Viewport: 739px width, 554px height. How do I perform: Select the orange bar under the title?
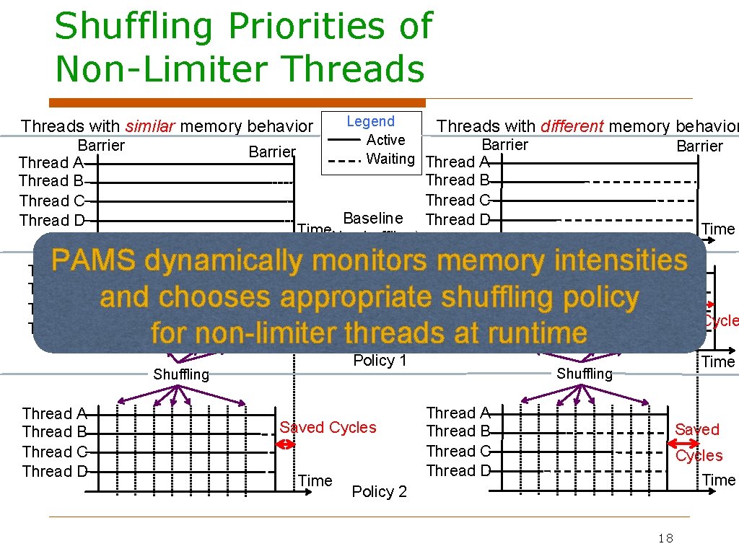(237, 102)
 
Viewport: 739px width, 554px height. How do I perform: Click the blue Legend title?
(370, 122)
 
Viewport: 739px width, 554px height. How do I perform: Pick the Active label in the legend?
(385, 140)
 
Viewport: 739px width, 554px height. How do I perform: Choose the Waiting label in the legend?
(390, 158)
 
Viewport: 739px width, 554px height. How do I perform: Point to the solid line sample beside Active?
(344, 140)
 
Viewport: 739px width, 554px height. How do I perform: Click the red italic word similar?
(150, 126)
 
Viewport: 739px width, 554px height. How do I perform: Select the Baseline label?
(372, 218)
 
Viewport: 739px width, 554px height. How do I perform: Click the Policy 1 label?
(380, 361)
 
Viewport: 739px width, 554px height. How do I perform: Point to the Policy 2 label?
(379, 492)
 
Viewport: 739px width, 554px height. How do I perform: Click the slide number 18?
(665, 538)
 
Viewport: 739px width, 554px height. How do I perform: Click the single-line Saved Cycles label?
(328, 428)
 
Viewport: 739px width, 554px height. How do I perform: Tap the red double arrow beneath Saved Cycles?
(287, 444)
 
